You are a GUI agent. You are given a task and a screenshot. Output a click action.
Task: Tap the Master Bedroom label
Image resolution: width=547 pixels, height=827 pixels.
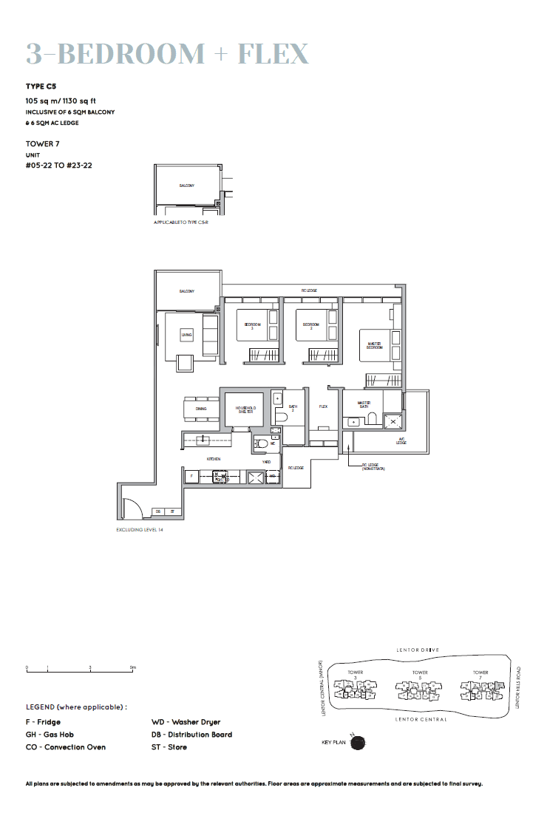point(375,344)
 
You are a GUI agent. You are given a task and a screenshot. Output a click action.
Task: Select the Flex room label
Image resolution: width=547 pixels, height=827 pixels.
point(323,406)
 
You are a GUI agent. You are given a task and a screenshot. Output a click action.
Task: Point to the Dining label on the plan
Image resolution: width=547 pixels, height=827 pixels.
point(201,409)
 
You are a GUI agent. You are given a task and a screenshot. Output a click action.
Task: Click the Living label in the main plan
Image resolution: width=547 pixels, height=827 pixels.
point(186,335)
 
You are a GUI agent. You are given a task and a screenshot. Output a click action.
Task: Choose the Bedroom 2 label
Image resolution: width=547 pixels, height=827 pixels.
point(310,325)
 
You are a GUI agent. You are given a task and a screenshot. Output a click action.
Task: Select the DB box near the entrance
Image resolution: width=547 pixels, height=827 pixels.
point(157,511)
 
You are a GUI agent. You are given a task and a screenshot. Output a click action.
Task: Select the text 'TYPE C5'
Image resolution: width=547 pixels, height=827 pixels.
point(41,86)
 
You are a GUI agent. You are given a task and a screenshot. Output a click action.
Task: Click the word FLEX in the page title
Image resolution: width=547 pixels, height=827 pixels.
point(273,53)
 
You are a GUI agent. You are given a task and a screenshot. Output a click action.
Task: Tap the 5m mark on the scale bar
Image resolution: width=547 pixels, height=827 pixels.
point(133,668)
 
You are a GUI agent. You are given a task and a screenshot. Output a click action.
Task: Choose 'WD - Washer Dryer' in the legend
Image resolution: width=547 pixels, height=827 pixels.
point(186,722)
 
